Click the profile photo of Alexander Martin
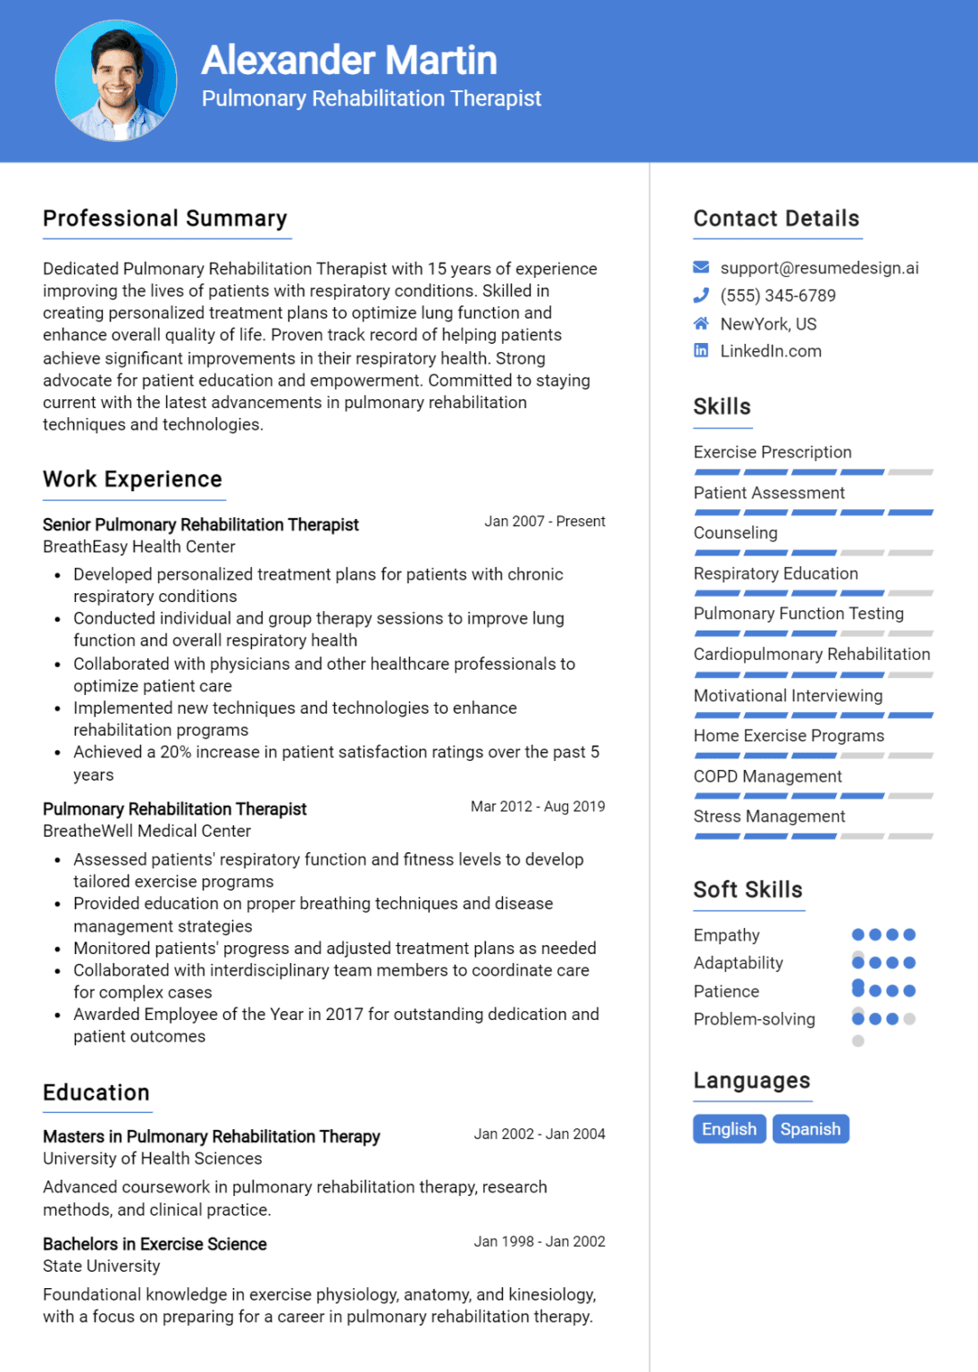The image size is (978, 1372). coord(116,80)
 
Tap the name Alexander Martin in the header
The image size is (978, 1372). coord(348,61)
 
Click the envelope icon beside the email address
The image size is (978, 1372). coord(701,267)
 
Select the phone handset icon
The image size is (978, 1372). coord(701,295)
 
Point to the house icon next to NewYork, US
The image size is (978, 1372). coord(701,323)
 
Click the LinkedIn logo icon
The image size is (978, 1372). coord(701,351)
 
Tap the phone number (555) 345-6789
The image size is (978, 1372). coord(778,296)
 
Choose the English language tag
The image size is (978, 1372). coord(729,1129)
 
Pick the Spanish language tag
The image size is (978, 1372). coord(810,1129)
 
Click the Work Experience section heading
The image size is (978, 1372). coord(132,480)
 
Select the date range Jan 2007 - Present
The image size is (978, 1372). coord(544,522)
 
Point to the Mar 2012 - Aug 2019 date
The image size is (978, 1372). coord(538,807)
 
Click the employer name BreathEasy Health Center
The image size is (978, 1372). coord(139,547)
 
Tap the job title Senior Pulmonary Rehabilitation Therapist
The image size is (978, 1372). coord(201,524)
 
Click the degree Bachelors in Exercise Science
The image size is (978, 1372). coord(155,1244)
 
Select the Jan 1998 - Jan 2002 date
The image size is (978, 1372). coord(539,1242)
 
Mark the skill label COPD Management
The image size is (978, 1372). coord(767,776)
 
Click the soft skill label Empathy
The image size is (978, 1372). coord(726,935)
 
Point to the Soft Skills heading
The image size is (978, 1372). coord(748,890)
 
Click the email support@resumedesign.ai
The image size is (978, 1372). coord(819,268)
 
